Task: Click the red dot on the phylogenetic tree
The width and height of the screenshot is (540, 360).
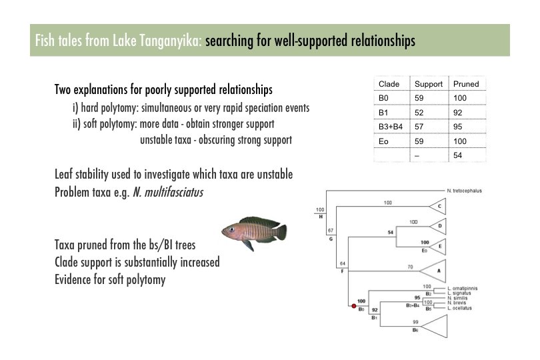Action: pos(353,305)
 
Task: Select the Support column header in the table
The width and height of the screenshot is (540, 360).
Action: pos(429,84)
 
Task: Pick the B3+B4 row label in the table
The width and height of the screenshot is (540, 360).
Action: pos(390,126)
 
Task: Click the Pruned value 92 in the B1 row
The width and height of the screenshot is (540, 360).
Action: pos(459,112)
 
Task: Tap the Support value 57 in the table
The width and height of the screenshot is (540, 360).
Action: pos(420,126)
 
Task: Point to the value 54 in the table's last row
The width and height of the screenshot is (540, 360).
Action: pos(459,155)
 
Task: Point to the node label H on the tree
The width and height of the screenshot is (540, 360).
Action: pos(321,217)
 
